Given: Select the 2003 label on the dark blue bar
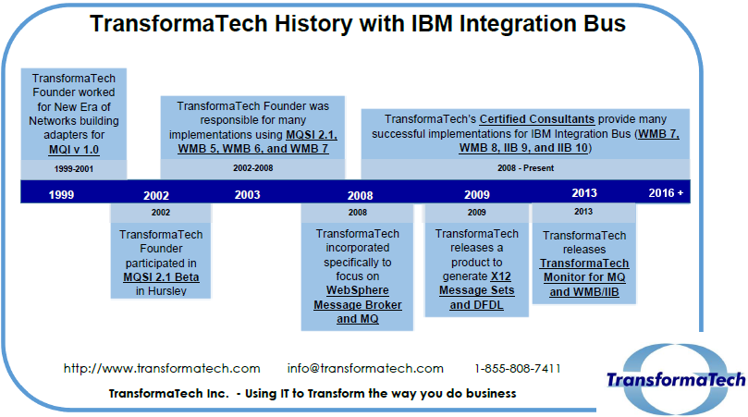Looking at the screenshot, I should (247, 194).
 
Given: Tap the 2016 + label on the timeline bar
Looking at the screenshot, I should (666, 193).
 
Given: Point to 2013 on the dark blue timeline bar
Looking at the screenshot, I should (583, 193).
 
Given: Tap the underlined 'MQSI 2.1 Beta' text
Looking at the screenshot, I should (162, 276).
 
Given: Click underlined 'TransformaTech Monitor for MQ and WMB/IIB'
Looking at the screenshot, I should (583, 277).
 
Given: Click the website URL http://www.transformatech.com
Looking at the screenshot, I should (162, 368).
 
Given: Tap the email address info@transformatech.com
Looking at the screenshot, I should (365, 368).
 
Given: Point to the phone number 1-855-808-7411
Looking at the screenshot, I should (518, 368).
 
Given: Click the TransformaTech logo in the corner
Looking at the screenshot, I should (675, 379).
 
